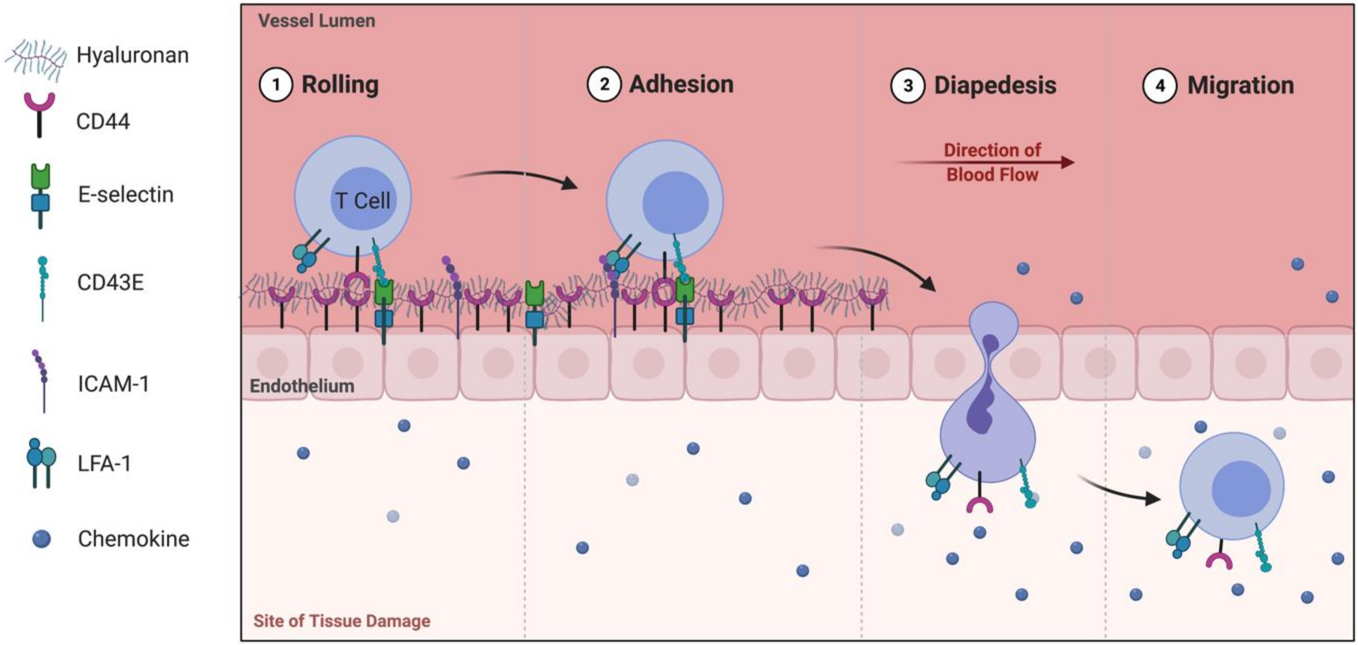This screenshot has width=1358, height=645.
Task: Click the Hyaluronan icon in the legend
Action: coord(36,59)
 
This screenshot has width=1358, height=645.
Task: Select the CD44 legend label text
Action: coord(103,122)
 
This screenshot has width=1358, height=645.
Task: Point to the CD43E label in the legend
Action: coord(110,283)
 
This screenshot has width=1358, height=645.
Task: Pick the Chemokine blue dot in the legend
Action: coord(41,539)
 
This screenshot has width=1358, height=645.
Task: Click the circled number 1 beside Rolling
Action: coord(276,85)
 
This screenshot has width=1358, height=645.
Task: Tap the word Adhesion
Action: coord(681,84)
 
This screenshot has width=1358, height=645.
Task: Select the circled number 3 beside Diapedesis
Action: coord(907,85)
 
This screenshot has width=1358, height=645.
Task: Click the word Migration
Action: coord(1240,85)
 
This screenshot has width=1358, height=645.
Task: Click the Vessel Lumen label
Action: coord(317,21)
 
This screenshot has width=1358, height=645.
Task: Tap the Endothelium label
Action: coord(301,386)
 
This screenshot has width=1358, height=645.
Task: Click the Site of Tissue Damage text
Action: coord(342,621)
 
